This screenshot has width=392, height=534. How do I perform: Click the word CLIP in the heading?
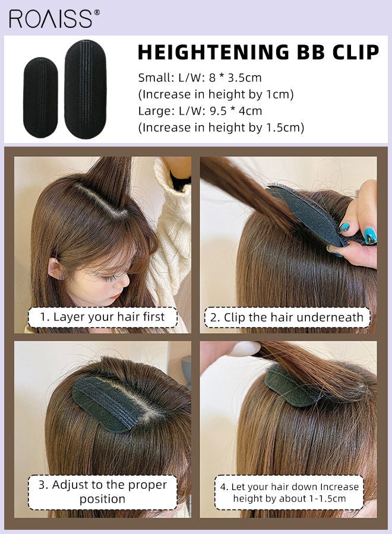(x=354, y=52)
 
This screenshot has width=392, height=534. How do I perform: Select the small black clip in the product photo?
(x=40, y=97)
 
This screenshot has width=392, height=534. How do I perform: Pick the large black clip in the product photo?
(x=85, y=89)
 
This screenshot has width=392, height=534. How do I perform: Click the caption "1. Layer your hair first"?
(x=102, y=317)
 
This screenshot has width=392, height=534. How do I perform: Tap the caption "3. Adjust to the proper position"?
(x=102, y=492)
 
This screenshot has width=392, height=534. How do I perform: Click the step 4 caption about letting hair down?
(x=289, y=492)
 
